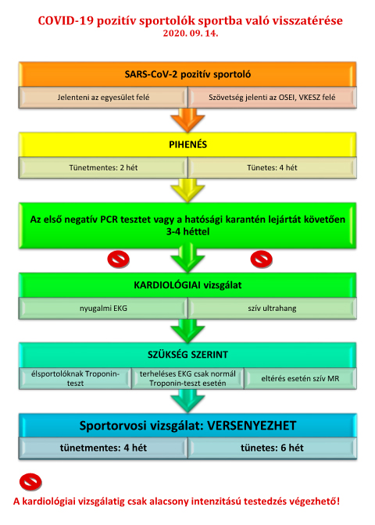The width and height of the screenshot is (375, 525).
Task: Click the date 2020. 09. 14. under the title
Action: [x=191, y=34]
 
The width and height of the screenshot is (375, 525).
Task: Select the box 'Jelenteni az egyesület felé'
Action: [x=103, y=98]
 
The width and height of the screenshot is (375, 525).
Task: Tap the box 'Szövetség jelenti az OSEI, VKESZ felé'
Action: [x=272, y=98]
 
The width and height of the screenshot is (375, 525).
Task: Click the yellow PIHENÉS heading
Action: [x=187, y=145]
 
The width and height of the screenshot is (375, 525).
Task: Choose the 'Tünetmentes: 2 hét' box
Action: [x=103, y=168]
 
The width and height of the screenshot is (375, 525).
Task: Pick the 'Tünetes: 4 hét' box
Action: [x=272, y=168]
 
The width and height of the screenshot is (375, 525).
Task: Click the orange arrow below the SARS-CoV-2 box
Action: [x=187, y=120]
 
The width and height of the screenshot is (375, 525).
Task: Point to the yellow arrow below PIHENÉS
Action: [x=187, y=190]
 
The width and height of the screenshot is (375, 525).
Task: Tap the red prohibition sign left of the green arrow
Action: [x=118, y=259]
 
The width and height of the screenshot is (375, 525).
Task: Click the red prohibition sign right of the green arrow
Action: [x=262, y=259]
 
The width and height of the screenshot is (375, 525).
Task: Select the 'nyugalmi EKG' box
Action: [x=103, y=309]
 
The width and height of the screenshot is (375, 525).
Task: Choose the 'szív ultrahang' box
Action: [x=272, y=309]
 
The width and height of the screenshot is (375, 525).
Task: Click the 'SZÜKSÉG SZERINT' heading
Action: [x=187, y=355]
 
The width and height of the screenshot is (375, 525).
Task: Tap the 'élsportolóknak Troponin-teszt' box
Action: [x=75, y=378]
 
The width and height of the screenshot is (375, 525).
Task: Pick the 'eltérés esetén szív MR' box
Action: [x=300, y=378]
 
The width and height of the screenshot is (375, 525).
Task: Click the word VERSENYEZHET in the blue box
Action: [x=252, y=426]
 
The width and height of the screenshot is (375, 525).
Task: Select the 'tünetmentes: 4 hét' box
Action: [x=103, y=448]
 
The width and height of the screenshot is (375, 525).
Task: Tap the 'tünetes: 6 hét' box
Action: [x=272, y=448]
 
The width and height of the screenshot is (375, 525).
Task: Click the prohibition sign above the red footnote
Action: [x=30, y=482]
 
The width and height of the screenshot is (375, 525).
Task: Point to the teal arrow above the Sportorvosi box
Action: [x=187, y=401]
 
